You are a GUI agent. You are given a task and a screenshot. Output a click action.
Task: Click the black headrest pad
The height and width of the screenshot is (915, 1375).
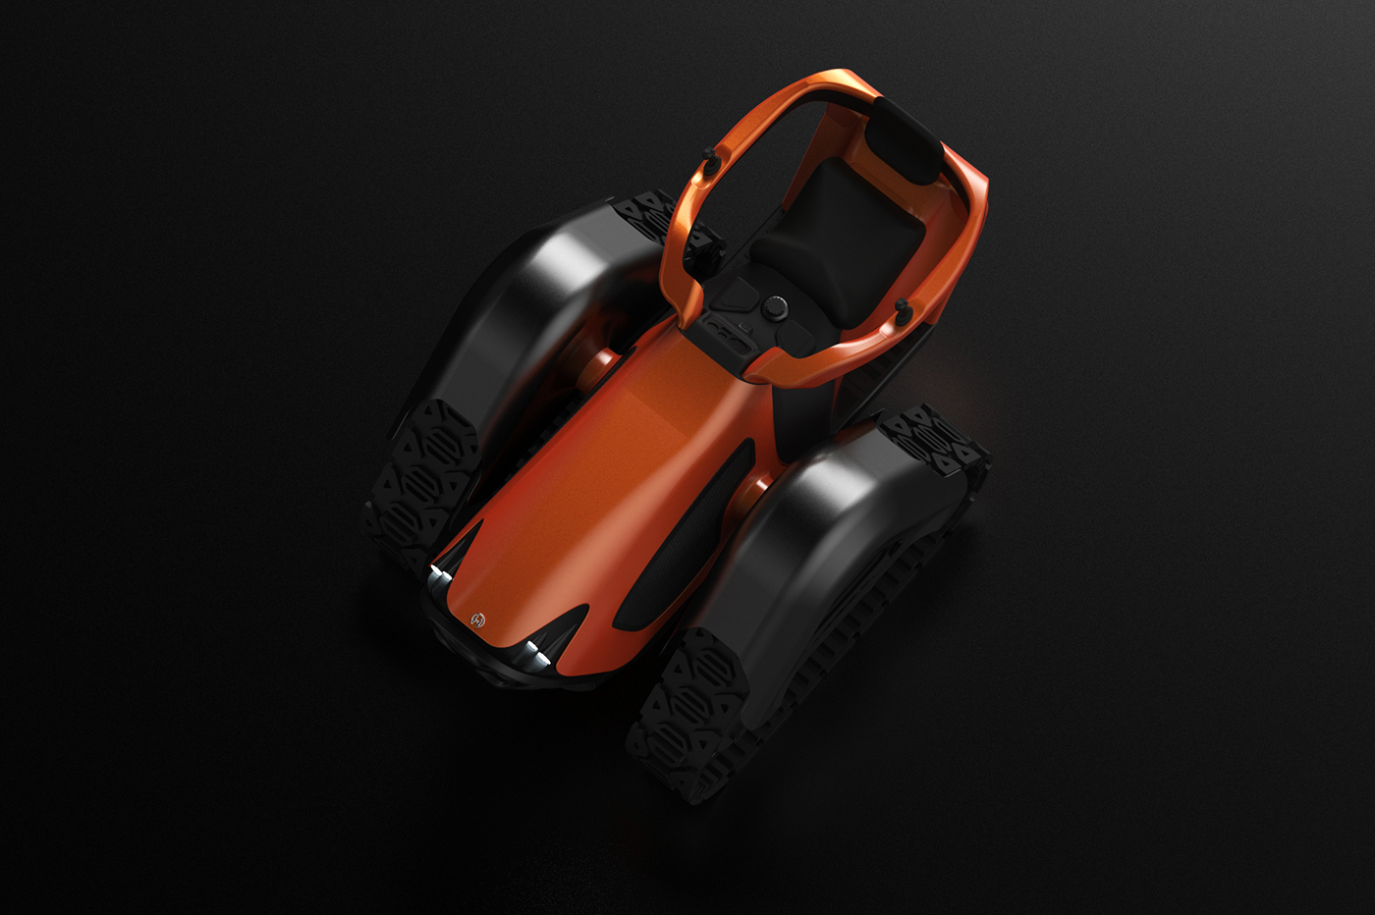click(x=906, y=137)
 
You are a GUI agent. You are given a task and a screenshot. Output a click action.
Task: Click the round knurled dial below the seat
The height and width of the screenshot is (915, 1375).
click(x=776, y=307)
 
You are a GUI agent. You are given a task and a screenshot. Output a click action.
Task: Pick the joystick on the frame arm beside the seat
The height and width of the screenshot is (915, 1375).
click(x=902, y=312)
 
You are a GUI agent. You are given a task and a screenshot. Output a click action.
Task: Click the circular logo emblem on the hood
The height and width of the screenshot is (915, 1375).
click(x=478, y=619)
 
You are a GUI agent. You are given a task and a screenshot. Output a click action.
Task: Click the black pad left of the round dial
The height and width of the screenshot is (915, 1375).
click(x=736, y=294)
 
